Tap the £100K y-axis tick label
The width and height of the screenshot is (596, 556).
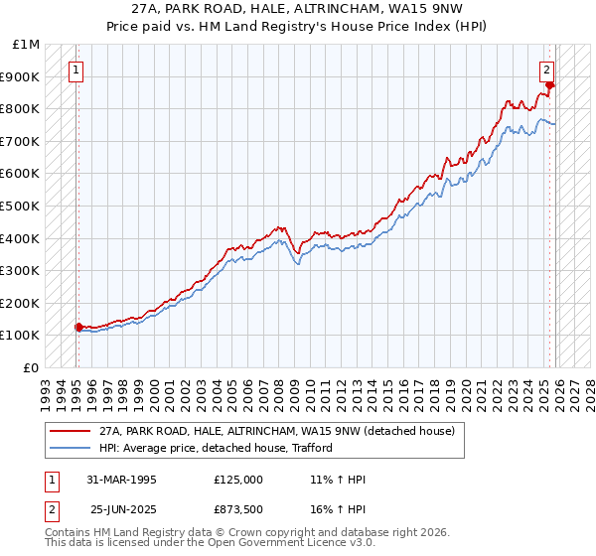click(x=22, y=336)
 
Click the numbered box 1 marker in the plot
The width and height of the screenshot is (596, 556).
click(x=76, y=69)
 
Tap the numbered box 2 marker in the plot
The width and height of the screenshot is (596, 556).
click(x=547, y=69)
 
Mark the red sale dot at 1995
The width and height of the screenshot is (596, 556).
click(x=78, y=327)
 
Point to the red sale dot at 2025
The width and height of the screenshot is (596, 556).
click(x=549, y=85)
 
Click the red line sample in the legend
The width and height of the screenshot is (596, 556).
click(x=70, y=431)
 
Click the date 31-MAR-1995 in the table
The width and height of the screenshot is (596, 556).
click(x=121, y=480)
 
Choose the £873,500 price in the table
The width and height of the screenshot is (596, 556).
click(x=238, y=509)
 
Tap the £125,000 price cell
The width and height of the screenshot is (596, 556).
click(x=238, y=480)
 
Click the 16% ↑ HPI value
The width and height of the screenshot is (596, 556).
click(x=339, y=509)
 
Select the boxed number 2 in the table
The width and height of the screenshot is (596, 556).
click(x=51, y=509)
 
